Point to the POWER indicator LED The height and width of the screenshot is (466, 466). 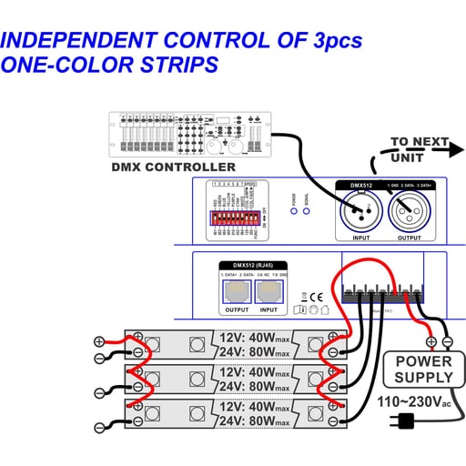293,212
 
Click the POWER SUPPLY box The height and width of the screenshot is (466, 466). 422,370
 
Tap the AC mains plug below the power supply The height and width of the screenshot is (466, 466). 403,420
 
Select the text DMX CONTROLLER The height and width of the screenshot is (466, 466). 173,167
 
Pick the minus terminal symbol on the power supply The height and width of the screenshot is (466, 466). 446,342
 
